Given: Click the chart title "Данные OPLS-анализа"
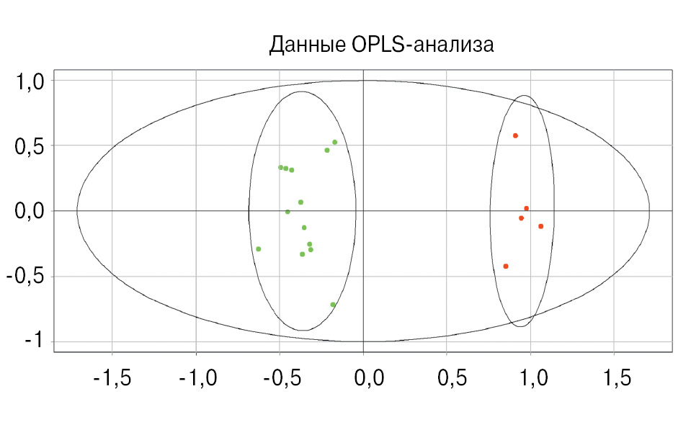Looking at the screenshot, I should tap(380, 45).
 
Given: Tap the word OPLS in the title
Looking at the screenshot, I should tap(378, 45).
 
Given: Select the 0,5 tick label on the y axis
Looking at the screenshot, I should tap(30, 146).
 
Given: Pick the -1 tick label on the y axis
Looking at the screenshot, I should tap(33, 341).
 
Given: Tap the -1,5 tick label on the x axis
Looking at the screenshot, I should tap(112, 377).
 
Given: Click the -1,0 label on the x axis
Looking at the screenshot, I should tap(196, 377).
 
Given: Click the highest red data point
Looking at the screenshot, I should tap(515, 135).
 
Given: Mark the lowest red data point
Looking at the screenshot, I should tap(506, 266).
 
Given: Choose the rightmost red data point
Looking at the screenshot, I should tap(540, 226).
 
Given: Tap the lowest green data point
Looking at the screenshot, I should tap(333, 305).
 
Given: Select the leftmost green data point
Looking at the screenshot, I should tap(258, 249).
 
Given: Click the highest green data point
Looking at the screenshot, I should tap(334, 142).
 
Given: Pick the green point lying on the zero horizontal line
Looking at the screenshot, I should tap(287, 212).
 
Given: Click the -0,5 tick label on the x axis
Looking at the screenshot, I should tap(280, 377).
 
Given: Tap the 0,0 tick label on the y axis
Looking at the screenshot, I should tap(30, 212).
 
